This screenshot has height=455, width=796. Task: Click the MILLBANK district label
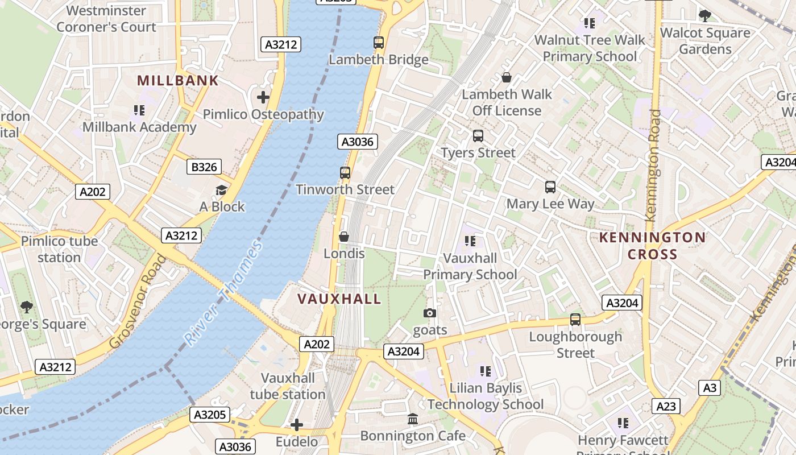[178, 80]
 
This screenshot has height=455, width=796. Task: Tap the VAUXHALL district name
[339, 299]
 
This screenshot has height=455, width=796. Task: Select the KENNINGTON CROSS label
[653, 245]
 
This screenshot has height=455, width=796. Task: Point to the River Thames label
[223, 293]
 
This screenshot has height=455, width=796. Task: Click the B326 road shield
[204, 167]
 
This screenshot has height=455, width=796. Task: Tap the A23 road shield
[666, 406]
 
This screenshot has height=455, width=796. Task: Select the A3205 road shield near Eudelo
[210, 415]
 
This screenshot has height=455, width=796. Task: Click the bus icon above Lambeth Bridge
[379, 42]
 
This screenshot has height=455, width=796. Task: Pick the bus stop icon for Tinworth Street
[345, 172]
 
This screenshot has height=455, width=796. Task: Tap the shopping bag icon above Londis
[344, 236]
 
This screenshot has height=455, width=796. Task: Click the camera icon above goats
[430, 313]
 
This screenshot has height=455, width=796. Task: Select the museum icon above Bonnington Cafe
[413, 419]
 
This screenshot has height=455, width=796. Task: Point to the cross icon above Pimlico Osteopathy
[263, 97]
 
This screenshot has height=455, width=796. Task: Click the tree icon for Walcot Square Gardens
[705, 16]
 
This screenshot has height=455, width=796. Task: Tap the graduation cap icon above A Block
[222, 190]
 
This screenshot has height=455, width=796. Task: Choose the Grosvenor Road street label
[138, 301]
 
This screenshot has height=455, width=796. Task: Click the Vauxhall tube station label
[288, 386]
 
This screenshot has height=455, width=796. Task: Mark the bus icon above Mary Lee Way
[550, 187]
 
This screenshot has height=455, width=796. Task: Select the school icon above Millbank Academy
[139, 110]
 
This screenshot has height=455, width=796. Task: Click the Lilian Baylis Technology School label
[486, 396]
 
